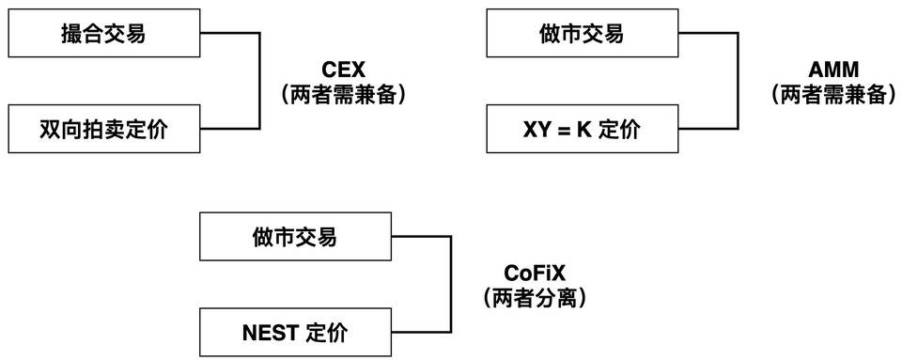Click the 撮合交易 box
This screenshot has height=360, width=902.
103,35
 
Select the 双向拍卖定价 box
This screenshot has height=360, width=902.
103,129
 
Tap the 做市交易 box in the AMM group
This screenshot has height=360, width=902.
581,35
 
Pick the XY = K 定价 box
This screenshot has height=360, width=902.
581,129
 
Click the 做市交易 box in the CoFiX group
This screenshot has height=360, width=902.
294,237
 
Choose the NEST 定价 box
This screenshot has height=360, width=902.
294,333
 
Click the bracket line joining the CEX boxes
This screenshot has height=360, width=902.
258,82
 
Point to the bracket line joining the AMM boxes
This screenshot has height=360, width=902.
736,82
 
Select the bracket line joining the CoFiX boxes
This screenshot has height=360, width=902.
451,285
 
